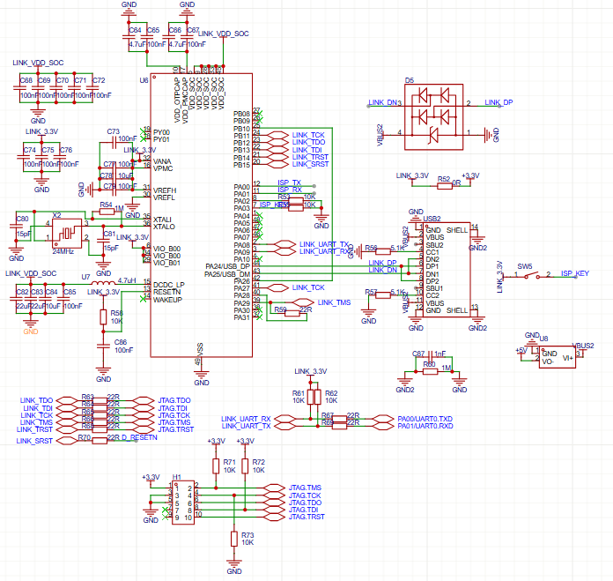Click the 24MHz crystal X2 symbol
(x=63, y=234)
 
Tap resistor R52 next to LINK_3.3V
(x=445, y=185)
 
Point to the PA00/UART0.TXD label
(x=425, y=418)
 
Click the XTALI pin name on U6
(x=164, y=219)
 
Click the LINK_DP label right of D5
(x=498, y=102)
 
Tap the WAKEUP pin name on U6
(x=167, y=300)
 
